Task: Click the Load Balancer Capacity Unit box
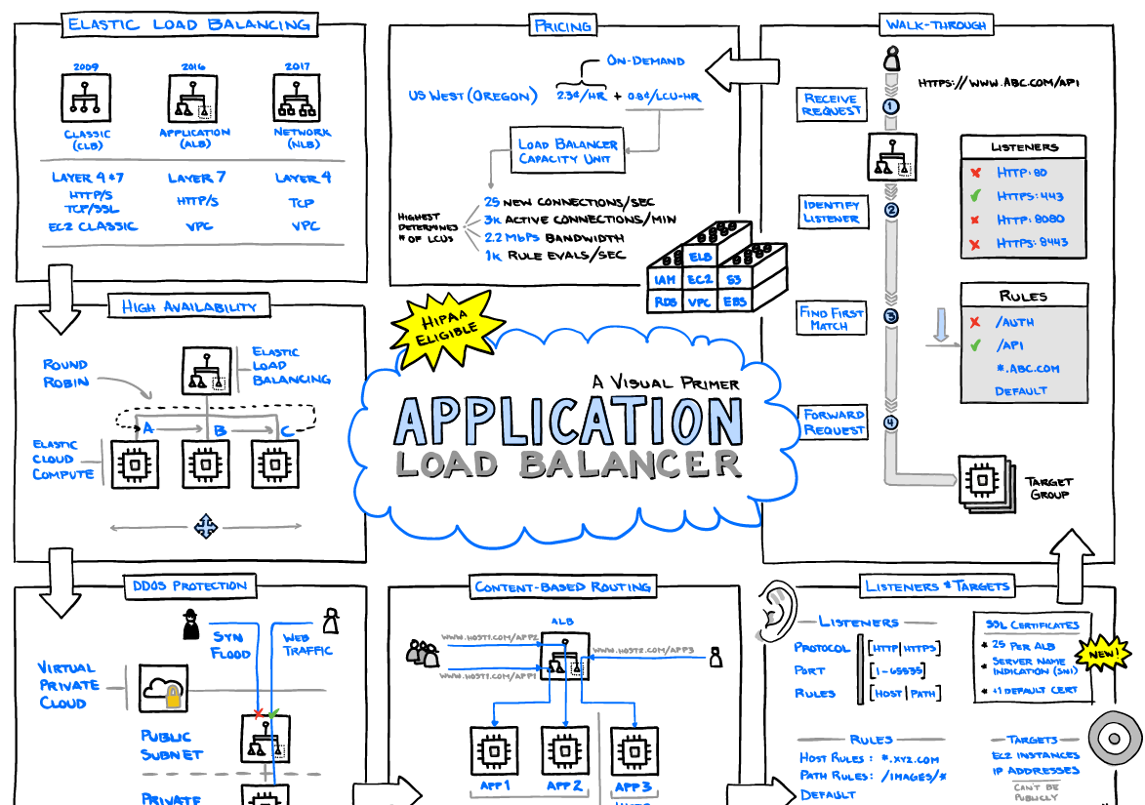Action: pos(567,150)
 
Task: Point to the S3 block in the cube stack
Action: pos(733,280)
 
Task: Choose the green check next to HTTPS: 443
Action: pos(975,196)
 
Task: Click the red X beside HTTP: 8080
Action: pos(975,220)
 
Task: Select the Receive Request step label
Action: pos(831,104)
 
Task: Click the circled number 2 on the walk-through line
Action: pos(890,210)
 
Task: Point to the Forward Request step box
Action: pos(834,423)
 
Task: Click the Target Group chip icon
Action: pos(983,480)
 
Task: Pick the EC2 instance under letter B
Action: pos(205,464)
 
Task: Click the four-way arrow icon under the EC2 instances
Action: pos(205,527)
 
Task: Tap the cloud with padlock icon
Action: pos(163,690)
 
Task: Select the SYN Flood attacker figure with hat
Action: pos(191,624)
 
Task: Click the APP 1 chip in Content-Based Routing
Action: pos(495,752)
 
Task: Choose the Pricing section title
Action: pos(562,26)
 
